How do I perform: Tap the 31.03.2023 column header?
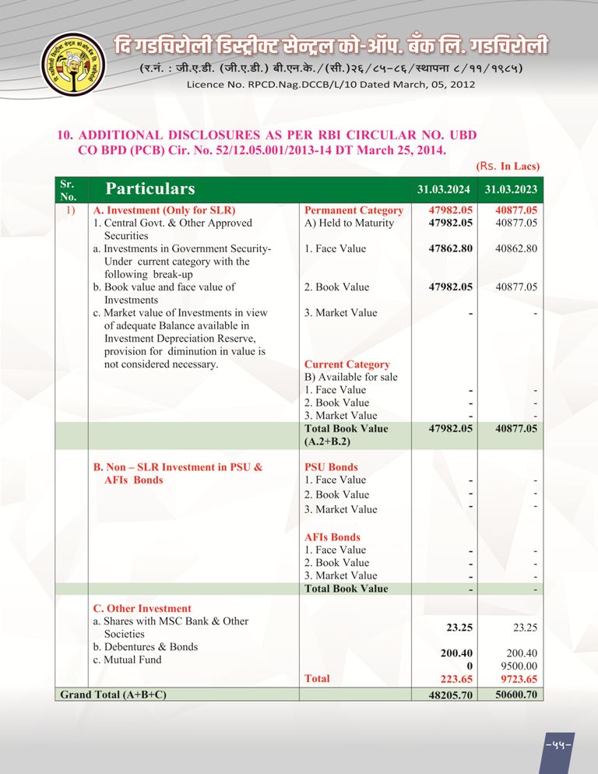tap(511, 189)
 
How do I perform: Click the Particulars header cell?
tap(150, 189)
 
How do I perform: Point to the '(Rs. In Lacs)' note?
tap(508, 166)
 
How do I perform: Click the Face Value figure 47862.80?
tap(451, 249)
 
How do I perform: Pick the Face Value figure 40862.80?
tap(516, 249)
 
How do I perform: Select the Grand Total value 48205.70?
tap(451, 695)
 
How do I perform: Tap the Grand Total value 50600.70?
tap(516, 695)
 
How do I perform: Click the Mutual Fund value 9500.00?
tap(517, 667)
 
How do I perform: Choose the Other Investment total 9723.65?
tap(517, 679)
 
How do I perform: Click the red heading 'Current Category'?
tap(347, 364)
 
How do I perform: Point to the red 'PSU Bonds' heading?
tap(331, 467)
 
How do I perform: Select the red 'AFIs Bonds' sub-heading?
tap(332, 537)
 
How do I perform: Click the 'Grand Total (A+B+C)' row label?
tap(114, 694)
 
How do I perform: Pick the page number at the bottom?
tap(559, 744)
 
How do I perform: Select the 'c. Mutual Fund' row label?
tap(128, 660)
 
